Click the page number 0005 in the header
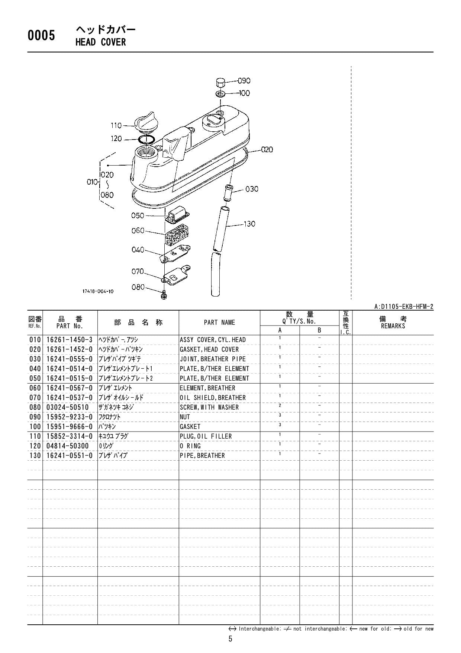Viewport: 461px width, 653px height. click(41, 36)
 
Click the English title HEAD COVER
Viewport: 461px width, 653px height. click(100, 42)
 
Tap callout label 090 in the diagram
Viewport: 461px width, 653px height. click(244, 81)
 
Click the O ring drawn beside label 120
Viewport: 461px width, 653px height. click(146, 140)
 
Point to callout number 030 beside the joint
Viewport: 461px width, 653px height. click(252, 189)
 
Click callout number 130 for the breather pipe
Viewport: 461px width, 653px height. click(249, 224)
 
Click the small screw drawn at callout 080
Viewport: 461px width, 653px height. click(164, 296)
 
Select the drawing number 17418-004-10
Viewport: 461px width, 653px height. click(98, 291)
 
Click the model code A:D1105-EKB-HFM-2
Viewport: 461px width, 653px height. click(403, 307)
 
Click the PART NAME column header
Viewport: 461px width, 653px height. click(219, 323)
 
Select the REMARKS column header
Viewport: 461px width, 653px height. click(393, 326)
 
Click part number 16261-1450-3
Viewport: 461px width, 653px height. click(70, 340)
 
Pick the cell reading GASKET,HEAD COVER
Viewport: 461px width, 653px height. click(209, 349)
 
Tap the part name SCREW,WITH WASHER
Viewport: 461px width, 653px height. click(209, 407)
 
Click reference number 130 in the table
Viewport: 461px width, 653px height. click(35, 455)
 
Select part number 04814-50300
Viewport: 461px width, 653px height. click(68, 446)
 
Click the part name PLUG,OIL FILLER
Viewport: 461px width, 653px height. click(206, 436)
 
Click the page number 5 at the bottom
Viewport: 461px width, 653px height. click(230, 639)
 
